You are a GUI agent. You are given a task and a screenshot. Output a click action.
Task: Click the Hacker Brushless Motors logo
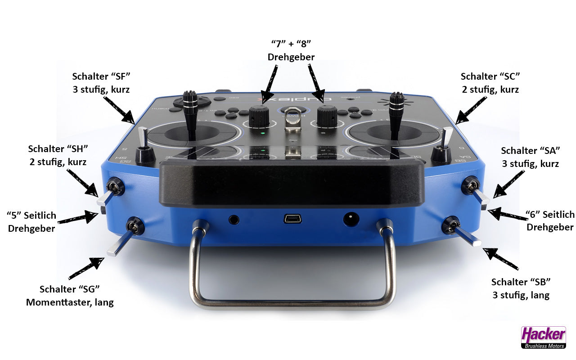coord(544,337)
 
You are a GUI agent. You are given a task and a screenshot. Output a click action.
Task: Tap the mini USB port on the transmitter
coord(292,219)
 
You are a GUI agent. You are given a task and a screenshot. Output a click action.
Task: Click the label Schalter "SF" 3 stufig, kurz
coord(101,83)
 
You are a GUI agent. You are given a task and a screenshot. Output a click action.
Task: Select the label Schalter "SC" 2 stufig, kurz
coord(490,83)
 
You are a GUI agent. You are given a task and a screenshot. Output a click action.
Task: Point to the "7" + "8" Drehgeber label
coord(291,50)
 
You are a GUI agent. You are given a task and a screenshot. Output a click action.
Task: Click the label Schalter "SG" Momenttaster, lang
coord(70,296)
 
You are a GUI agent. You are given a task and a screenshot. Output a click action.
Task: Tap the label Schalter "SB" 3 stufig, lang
coord(521,288)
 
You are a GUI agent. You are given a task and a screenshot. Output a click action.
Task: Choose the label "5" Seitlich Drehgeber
coord(31,222)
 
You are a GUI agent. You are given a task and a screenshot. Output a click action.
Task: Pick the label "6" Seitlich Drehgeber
coord(550,220)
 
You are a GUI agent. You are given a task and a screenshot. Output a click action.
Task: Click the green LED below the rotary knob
coord(262,133)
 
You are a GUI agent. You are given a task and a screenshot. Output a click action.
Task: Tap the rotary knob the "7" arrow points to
coord(259,116)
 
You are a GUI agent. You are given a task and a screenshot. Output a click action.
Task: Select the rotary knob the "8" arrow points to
coord(327,116)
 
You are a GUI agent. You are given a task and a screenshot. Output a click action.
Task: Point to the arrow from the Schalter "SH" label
coord(82,183)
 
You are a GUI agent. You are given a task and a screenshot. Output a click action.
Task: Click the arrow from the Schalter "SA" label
coord(508,184)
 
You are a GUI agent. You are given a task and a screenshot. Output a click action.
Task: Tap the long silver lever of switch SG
coord(120,243)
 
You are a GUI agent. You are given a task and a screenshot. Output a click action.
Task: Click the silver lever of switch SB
coord(467,236)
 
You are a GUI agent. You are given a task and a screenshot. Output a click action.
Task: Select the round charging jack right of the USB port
coord(351,219)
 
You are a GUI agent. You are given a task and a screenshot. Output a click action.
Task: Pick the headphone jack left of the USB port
coord(234,220)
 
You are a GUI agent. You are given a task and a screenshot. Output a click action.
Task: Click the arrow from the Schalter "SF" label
coord(119,110)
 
